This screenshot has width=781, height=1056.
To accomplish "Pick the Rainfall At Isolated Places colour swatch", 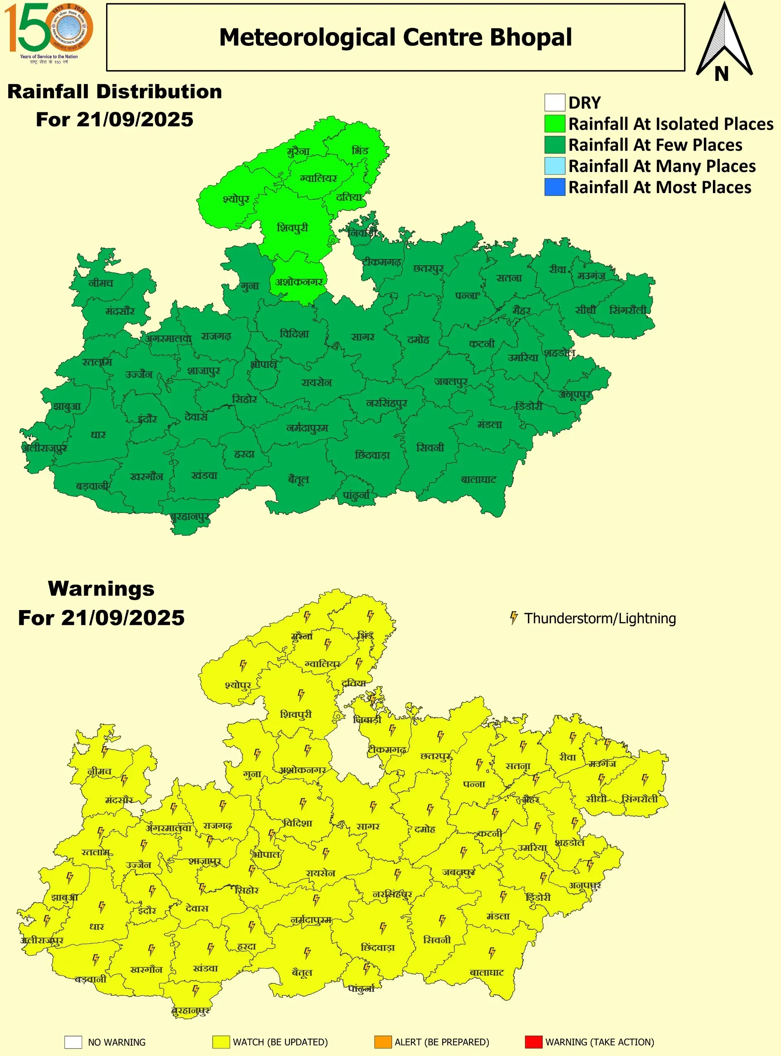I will point(554,124).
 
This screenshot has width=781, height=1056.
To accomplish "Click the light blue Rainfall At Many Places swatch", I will point(554,166).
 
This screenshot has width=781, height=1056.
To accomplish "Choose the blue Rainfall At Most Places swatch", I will point(554,187).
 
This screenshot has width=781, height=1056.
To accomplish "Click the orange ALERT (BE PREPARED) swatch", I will point(383,1042).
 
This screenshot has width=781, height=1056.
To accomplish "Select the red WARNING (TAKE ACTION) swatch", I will point(533,1042).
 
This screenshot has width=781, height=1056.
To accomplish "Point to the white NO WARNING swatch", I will point(73,1042).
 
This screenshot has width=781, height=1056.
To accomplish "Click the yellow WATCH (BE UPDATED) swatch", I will point(221,1042).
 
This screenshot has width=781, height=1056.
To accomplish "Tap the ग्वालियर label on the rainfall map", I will point(319,179).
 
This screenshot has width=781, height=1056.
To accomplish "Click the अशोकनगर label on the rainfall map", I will point(299,282).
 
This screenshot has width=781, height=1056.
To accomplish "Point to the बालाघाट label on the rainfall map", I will point(478,480).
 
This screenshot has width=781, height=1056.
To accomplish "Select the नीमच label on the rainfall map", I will point(101,283).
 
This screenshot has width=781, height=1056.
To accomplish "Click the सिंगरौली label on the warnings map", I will point(640,799).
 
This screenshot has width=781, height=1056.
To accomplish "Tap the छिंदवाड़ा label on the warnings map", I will point(377,948).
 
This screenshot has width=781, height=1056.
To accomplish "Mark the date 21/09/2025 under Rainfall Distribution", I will point(135,120).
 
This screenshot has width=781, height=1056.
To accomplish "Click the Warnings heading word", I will point(101,589).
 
